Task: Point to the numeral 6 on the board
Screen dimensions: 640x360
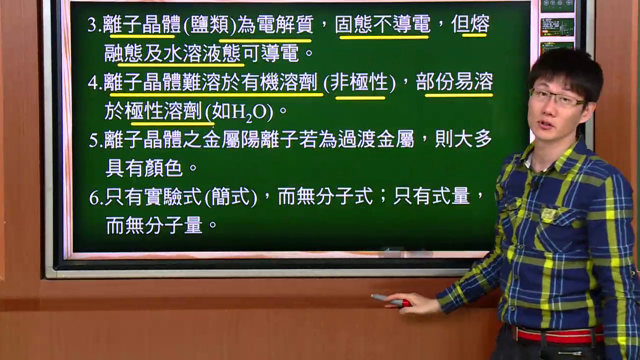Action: [x=93, y=198]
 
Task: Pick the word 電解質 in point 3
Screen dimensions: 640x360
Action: [x=285, y=24]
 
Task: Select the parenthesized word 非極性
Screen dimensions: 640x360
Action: [x=359, y=82]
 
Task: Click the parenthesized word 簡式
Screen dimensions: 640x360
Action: [x=231, y=197]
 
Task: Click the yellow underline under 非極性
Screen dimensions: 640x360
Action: [x=360, y=98]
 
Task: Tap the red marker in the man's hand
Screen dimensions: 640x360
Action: [x=391, y=300]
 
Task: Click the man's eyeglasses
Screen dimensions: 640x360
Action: [x=557, y=97]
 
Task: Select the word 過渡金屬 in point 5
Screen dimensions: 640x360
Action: [x=376, y=140]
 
